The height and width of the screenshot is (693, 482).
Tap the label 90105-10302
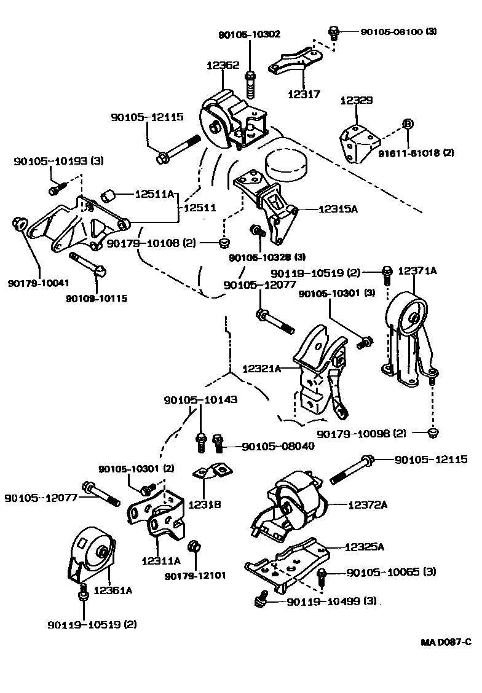[x=250, y=35]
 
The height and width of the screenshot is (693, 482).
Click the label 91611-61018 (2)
[x=425, y=153]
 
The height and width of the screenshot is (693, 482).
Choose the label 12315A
[x=338, y=209]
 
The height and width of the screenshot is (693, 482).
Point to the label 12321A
[x=261, y=369]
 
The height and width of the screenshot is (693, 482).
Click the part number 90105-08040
[x=277, y=446]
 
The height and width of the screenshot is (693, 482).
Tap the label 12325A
[x=364, y=546]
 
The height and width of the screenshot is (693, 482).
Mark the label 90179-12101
[x=195, y=576]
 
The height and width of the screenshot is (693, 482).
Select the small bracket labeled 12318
[x=212, y=472]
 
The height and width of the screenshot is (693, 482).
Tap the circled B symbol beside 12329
[x=407, y=124]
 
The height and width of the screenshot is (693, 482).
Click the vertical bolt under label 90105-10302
[x=250, y=84]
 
